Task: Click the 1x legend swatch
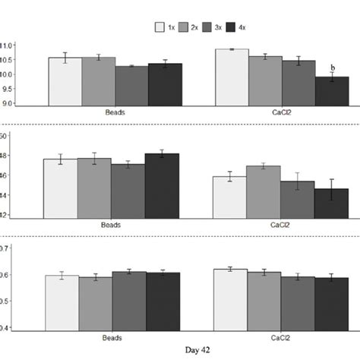pos(161,27)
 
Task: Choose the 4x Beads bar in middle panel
pos(162,185)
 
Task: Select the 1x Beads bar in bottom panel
pos(62,303)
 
